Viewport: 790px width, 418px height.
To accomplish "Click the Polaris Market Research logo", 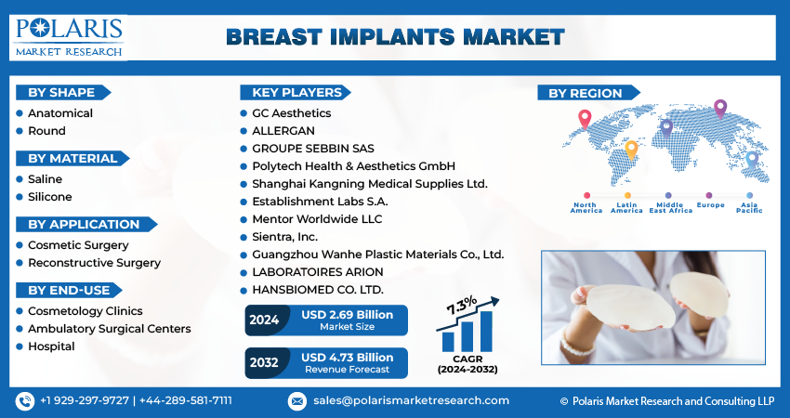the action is tap(68, 37).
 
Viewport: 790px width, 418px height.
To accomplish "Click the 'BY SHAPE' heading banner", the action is tap(63, 93).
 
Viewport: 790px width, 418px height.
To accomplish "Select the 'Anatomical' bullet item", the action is tap(60, 113).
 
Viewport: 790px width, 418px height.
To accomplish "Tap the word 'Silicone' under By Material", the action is tap(50, 197).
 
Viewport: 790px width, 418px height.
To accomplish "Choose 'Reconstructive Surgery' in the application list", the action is tap(94, 263).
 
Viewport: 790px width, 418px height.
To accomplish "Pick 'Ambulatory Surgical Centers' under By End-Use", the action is tap(110, 329).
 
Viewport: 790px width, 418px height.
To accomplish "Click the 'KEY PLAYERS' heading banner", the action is tap(296, 93).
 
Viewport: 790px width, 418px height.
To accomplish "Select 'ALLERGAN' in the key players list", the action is tap(283, 131).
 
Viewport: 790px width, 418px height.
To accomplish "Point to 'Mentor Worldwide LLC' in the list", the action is tap(317, 219).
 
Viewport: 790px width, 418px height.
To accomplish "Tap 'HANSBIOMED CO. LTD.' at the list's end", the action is tap(318, 290).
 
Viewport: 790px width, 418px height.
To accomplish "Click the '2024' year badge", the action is tap(264, 320).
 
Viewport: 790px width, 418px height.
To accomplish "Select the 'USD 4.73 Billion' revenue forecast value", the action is tap(348, 358).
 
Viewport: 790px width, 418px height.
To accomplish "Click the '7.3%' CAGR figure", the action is tap(461, 306).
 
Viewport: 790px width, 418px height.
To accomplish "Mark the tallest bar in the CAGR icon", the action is tap(486, 332).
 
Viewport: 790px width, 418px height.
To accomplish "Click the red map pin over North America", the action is tap(585, 119).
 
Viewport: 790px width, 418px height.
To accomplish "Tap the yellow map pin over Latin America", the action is tap(631, 150).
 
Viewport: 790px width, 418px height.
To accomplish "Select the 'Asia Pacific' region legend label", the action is tap(749, 208).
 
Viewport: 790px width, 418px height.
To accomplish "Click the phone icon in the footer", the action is tap(25, 401).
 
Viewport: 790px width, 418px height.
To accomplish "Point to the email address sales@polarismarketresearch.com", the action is tap(411, 401).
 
